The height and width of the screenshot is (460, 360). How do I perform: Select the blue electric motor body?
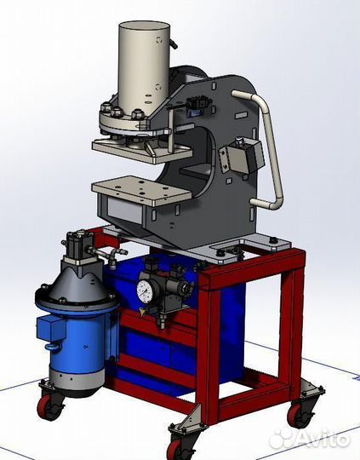click(77, 339)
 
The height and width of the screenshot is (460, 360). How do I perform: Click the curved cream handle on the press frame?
click(266, 150)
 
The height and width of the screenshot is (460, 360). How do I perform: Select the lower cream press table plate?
click(141, 189)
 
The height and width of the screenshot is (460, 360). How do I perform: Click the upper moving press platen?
click(142, 151)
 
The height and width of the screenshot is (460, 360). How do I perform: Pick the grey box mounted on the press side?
click(243, 157)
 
